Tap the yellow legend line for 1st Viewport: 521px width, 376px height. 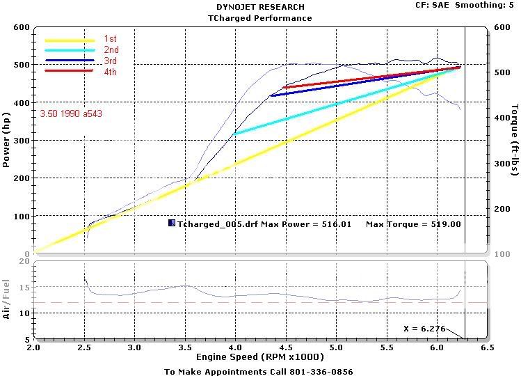(69, 40)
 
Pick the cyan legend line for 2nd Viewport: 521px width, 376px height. (69, 50)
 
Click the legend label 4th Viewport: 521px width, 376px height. (111, 71)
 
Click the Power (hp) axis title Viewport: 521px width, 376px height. (6, 140)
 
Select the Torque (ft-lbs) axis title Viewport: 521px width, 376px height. (513, 140)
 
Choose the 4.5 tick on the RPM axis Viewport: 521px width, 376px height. (285, 347)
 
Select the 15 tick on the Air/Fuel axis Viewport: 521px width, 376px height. (24, 287)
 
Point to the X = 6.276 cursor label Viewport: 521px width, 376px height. (422, 327)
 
